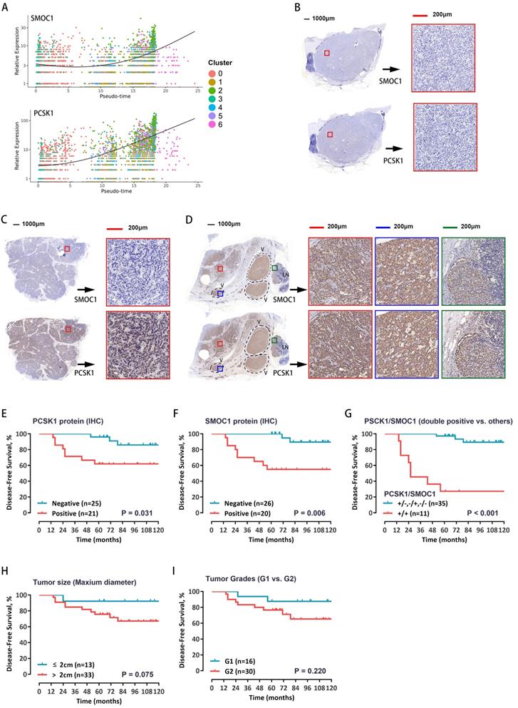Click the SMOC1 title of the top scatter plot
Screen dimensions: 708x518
tap(22, 18)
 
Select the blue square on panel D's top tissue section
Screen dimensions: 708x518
tap(221, 294)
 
